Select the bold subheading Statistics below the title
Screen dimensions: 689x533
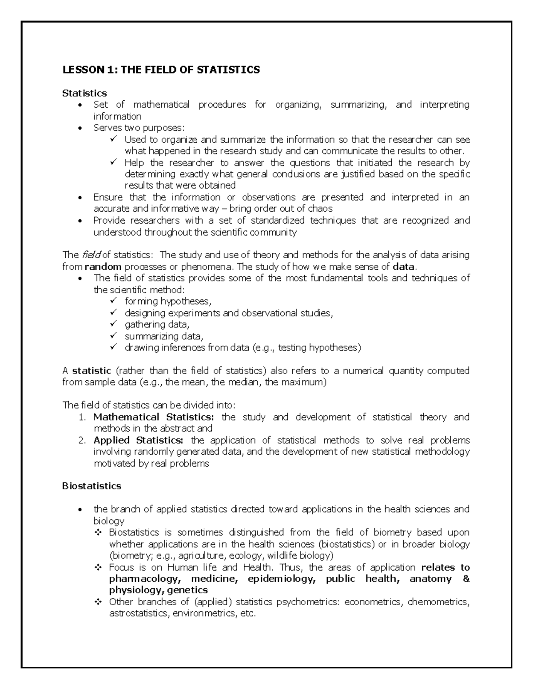click(84, 93)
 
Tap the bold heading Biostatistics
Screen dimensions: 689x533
click(91, 486)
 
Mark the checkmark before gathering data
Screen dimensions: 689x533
click(113, 324)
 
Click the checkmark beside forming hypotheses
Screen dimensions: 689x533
click(113, 301)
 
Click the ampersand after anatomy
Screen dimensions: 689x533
click(466, 579)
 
